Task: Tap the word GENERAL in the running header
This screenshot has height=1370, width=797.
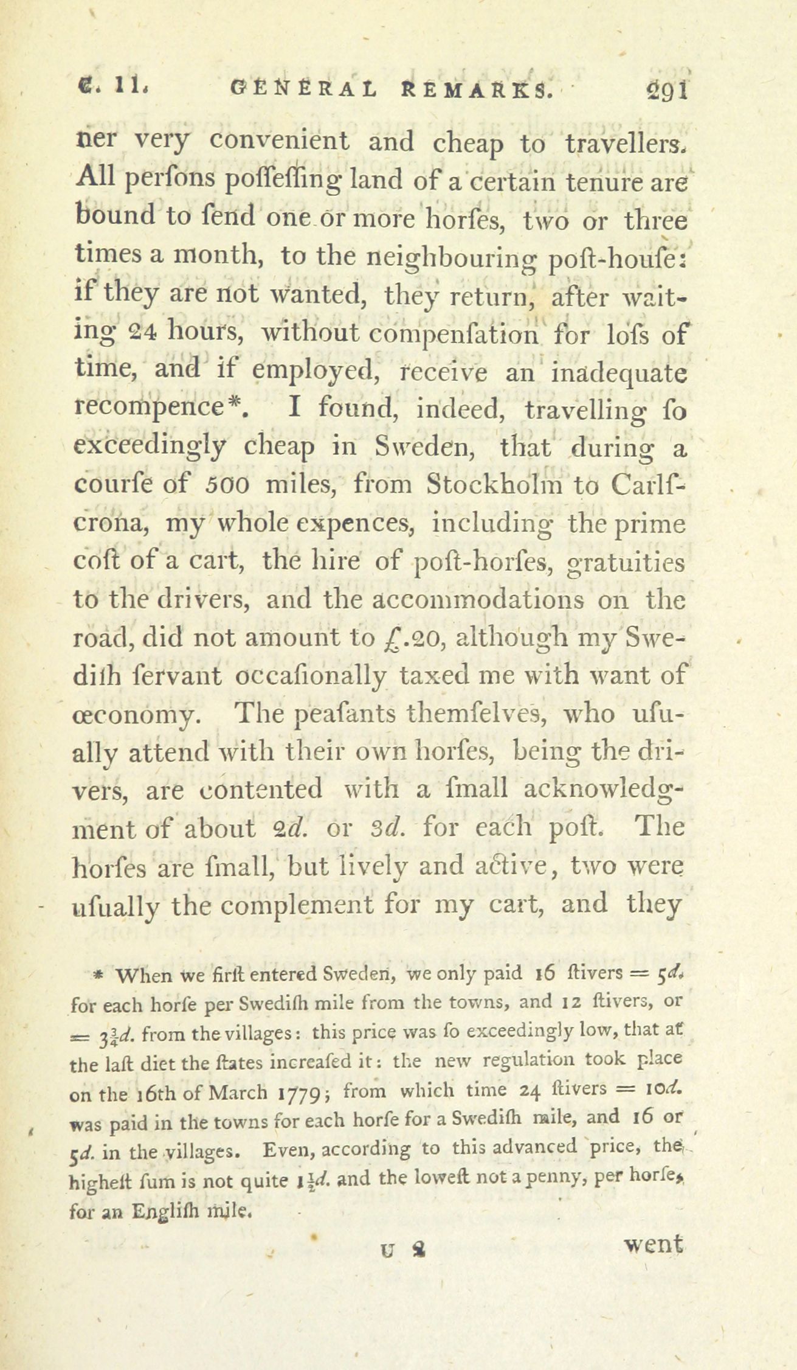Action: [x=302, y=91]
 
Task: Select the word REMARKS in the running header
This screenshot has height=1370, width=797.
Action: [x=476, y=91]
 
